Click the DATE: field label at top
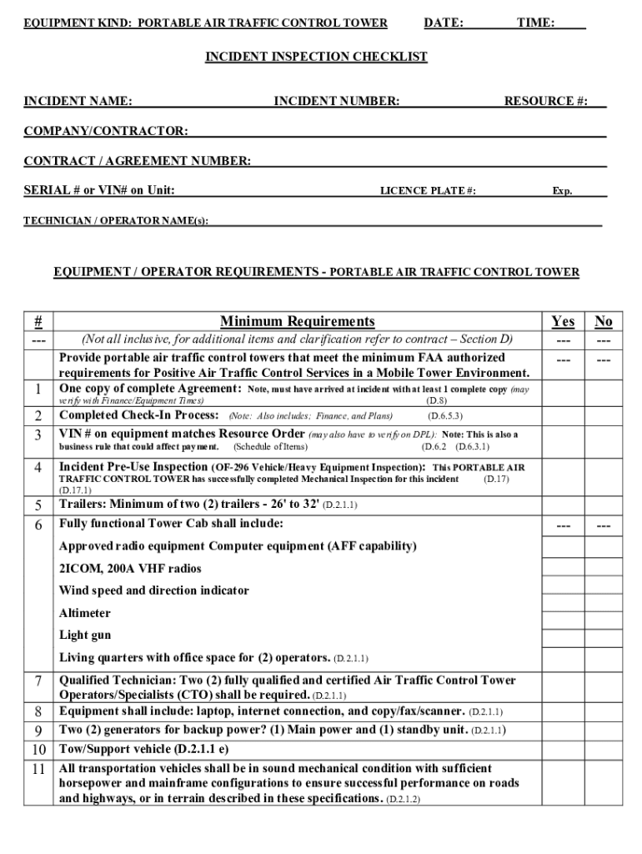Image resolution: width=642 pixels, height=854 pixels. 444,23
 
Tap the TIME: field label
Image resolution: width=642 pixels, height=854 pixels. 535,23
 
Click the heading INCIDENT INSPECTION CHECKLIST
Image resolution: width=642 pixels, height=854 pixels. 317,57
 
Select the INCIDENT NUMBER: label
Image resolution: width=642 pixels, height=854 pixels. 337,102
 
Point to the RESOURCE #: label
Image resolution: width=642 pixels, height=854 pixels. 545,102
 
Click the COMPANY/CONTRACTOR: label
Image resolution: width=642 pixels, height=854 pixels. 105,131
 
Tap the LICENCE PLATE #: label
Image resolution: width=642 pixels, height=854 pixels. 428,191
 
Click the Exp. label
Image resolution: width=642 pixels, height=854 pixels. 562,191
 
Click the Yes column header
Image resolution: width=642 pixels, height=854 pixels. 563,322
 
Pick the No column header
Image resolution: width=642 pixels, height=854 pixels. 603,322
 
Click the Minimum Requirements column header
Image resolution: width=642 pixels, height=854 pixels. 297,322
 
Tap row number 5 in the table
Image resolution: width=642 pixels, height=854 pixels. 38,505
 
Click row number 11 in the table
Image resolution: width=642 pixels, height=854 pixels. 38,770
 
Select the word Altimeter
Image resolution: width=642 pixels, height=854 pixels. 84,613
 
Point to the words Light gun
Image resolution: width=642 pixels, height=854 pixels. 84,635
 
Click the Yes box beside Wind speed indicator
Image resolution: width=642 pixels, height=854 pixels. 563,590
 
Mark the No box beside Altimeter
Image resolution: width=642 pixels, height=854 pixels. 603,613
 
